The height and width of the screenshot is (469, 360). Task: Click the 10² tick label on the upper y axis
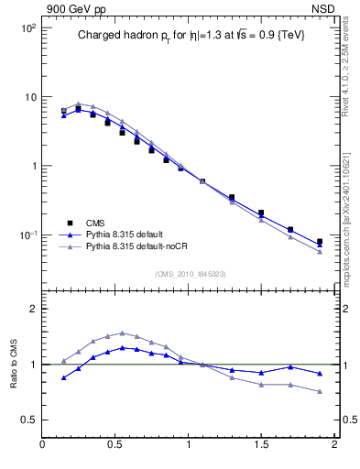point(27,28)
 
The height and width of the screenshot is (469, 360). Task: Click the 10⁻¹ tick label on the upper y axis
point(27,235)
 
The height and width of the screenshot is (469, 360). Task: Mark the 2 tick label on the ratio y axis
point(32,309)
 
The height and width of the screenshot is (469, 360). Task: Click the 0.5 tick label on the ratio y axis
point(27,420)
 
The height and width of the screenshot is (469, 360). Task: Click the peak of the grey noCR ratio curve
point(123,333)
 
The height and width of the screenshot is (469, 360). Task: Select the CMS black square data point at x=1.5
point(261,213)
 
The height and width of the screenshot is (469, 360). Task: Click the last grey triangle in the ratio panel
point(320,392)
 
